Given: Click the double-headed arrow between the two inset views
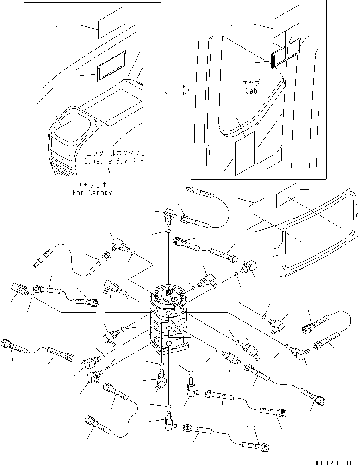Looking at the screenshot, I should pyautogui.click(x=176, y=91).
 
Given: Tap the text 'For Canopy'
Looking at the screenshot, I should pyautogui.click(x=92, y=192).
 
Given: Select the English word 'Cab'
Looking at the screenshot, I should pyautogui.click(x=251, y=90).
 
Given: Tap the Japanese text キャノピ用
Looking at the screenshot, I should pyautogui.click(x=92, y=185).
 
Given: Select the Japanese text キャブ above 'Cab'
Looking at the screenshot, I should pyautogui.click(x=251, y=82).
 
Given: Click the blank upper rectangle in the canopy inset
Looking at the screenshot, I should pyautogui.click(x=112, y=22).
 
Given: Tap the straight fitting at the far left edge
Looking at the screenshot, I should pyautogui.click(x=18, y=292).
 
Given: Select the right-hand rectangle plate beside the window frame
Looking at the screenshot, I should pyautogui.click(x=286, y=195).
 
